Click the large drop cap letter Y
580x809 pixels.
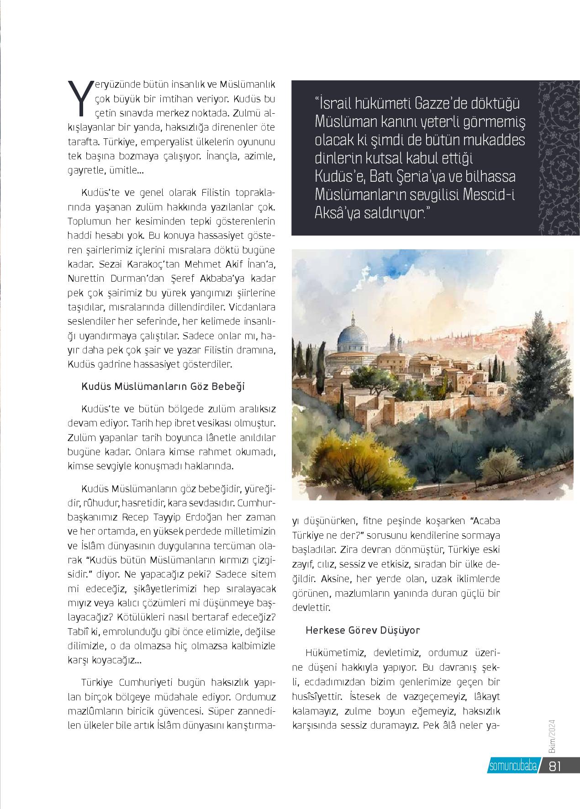[x=80, y=97]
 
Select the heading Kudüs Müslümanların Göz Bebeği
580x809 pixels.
[x=163, y=387]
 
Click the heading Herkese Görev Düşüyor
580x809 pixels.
[x=363, y=630]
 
